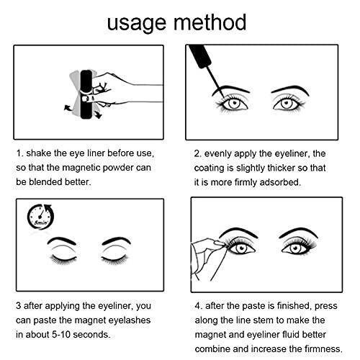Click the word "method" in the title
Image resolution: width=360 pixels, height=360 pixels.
(210, 22)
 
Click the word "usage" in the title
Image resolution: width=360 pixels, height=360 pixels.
(136, 24)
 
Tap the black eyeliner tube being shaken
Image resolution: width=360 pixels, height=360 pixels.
(86, 94)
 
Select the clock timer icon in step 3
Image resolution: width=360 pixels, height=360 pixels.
(40, 217)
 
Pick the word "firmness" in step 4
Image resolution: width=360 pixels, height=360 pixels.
(323, 348)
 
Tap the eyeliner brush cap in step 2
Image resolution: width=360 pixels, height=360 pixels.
(201, 56)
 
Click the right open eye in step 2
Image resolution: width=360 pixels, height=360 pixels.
(287, 104)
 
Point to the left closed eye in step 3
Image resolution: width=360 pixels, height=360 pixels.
(63, 259)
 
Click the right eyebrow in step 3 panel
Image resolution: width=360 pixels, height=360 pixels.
(117, 240)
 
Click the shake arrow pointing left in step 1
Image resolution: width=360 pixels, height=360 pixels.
(69, 108)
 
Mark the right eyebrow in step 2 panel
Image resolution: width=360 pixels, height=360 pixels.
(290, 90)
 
